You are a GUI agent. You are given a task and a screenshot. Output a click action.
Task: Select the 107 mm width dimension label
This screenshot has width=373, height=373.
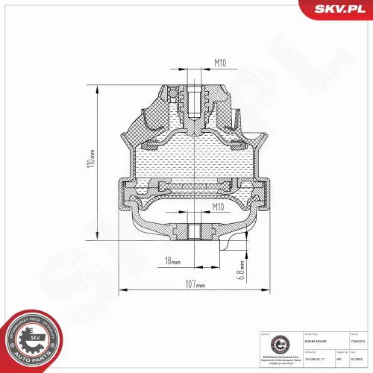(x=195, y=283)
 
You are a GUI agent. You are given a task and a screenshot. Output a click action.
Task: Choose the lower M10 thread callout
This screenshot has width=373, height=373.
(x=218, y=206)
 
